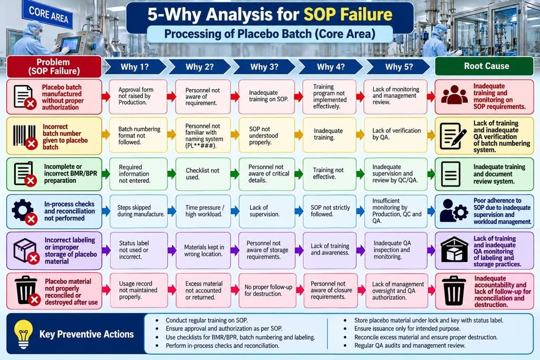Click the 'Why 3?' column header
point(264,67)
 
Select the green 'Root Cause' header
point(484,66)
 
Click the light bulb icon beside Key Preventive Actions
point(23,334)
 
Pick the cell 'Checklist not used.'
point(203,174)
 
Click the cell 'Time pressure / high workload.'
point(204,211)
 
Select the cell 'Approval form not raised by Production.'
point(138,96)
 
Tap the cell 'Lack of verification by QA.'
point(396,134)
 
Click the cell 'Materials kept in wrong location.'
point(204,250)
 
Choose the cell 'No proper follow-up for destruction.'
point(267,290)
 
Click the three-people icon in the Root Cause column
point(454,95)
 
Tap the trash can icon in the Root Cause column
point(454,290)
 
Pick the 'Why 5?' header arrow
point(398,67)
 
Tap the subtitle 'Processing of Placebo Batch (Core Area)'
point(269,34)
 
